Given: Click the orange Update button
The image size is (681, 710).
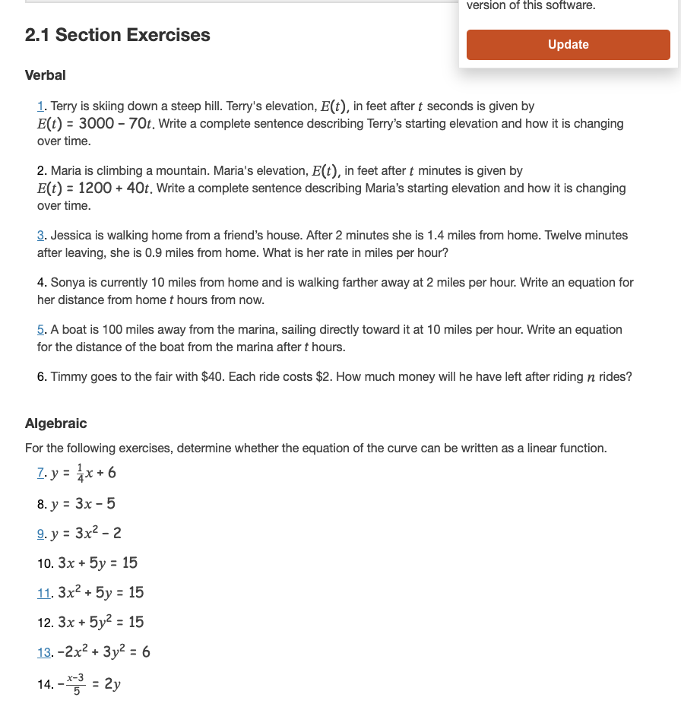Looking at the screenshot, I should [568, 45].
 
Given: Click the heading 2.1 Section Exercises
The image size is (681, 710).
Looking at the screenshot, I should [117, 35].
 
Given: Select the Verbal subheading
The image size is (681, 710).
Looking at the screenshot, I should [46, 75].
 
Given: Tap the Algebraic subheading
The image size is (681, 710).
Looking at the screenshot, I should [56, 423].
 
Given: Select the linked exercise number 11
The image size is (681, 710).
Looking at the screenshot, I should [44, 593].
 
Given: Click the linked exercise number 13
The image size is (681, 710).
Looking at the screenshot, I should [44, 652].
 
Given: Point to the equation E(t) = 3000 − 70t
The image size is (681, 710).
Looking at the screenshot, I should [97, 124].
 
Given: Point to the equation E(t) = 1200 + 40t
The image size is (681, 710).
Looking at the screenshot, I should [97, 189].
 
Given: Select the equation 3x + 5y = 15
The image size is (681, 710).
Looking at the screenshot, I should [97, 563].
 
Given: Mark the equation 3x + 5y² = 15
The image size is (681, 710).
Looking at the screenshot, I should [100, 623].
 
